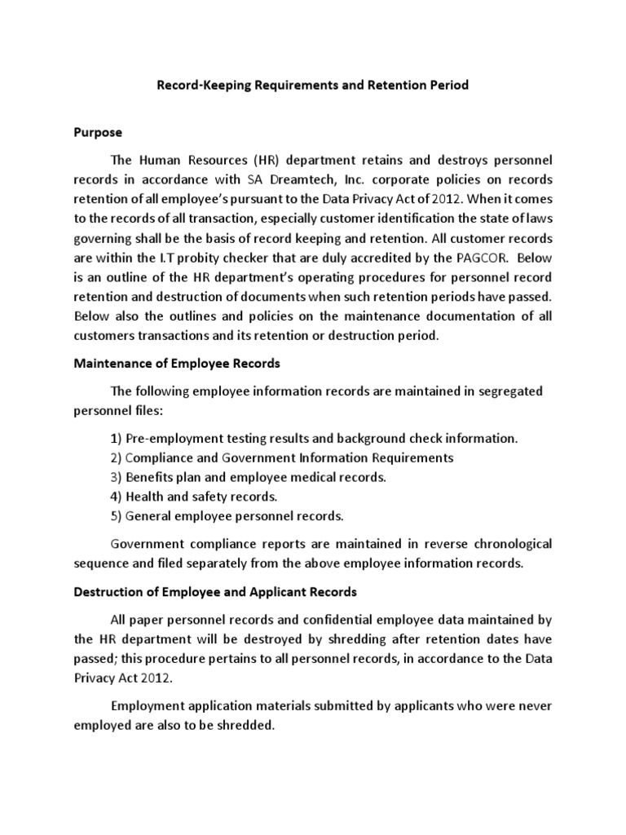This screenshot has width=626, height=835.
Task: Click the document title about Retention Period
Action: (312, 85)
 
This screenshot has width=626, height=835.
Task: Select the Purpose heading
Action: (98, 131)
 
